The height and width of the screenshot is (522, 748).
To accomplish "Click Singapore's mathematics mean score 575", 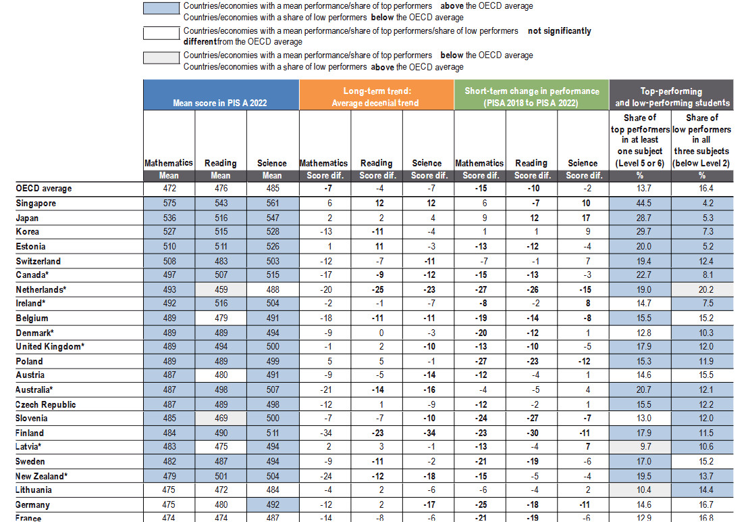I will (169, 204).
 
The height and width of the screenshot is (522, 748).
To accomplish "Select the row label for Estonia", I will (30, 247).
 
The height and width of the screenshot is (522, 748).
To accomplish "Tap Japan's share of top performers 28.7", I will (639, 218).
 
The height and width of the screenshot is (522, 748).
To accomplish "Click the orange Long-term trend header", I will (376, 97).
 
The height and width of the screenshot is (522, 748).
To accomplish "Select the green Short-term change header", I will (531, 97).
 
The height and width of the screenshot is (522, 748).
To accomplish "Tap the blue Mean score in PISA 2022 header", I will (221, 103).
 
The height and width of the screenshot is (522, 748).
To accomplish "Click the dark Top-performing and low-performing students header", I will (671, 97).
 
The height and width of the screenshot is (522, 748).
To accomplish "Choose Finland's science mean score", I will (272, 433).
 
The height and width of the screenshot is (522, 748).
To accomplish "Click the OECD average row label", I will (43, 189).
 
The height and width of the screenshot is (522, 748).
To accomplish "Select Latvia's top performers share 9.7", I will (639, 447).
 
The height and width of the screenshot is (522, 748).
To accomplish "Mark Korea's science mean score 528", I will (272, 233).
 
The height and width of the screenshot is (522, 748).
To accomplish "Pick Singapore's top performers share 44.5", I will (639, 204).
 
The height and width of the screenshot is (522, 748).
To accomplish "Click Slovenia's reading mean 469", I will (220, 419).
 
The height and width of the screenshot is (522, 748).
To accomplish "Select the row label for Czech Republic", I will (45, 404).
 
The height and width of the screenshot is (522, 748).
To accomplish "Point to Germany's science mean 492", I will (272, 504).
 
